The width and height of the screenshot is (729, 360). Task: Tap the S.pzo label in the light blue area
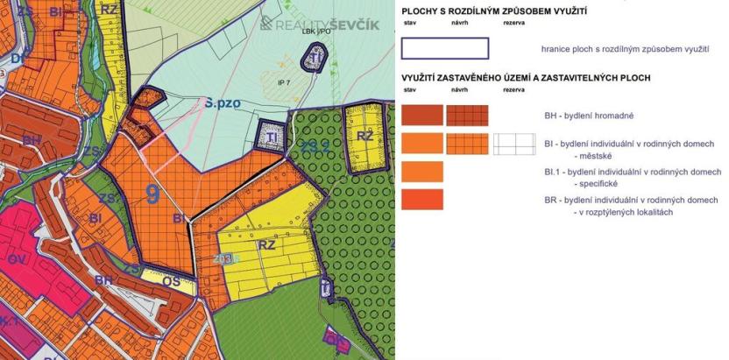click(223, 102)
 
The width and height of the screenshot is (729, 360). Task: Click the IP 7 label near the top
click(282, 82)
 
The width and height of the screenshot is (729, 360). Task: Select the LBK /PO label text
click(315, 32)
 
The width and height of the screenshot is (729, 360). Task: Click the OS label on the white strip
click(172, 281)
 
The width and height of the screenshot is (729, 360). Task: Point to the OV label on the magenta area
click(18, 259)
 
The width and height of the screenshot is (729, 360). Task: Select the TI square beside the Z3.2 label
click(272, 138)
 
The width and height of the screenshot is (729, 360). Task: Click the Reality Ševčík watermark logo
click(320, 24)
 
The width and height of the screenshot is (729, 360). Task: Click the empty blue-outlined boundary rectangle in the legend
click(444, 48)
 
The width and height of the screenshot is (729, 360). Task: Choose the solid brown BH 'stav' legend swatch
click(422, 116)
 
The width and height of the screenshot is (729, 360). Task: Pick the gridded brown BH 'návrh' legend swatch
click(467, 116)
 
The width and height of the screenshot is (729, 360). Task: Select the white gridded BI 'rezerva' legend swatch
click(513, 144)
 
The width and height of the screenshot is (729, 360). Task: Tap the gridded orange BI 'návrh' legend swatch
click(467, 144)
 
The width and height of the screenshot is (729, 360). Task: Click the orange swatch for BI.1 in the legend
click(422, 172)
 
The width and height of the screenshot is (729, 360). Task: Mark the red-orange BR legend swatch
click(422, 200)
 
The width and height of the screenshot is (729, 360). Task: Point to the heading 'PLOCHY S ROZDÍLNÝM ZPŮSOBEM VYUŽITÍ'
click(494, 11)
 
